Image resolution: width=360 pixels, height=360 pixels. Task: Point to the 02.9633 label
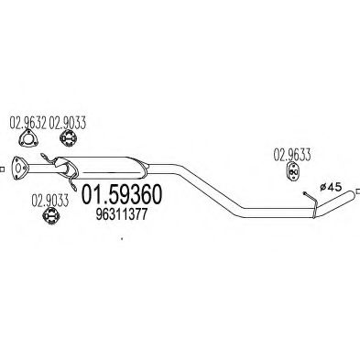point(293,154)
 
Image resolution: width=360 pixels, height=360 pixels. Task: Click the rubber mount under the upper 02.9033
point(66,138)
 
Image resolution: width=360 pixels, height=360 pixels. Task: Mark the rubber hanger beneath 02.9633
point(293,173)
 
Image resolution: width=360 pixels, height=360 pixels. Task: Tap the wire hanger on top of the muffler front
point(63,163)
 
